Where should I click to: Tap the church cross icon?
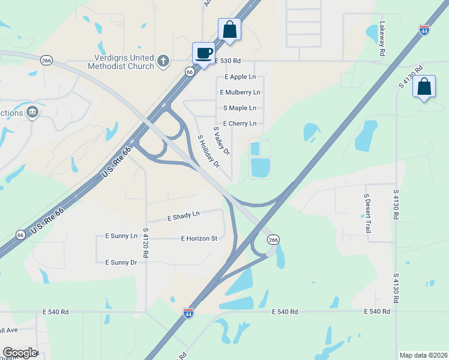(x=163, y=61)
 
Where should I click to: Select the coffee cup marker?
(x=204, y=53)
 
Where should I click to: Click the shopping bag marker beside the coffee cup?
(x=229, y=29)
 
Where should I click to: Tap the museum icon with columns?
(x=32, y=112)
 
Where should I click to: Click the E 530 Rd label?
(x=228, y=61)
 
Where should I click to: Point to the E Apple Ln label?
(x=240, y=77)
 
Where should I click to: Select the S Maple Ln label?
(x=240, y=108)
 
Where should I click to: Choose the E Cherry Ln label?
(x=240, y=124)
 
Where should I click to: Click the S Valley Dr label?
(x=221, y=142)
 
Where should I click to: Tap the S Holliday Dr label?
(x=209, y=151)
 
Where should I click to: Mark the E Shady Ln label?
(x=183, y=215)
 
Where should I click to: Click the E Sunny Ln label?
(x=121, y=236)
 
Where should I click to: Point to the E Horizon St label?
(x=199, y=238)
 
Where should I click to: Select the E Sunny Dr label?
(x=121, y=263)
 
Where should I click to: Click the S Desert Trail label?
(x=367, y=213)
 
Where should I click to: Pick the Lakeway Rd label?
(x=382, y=40)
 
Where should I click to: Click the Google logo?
(x=20, y=353)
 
